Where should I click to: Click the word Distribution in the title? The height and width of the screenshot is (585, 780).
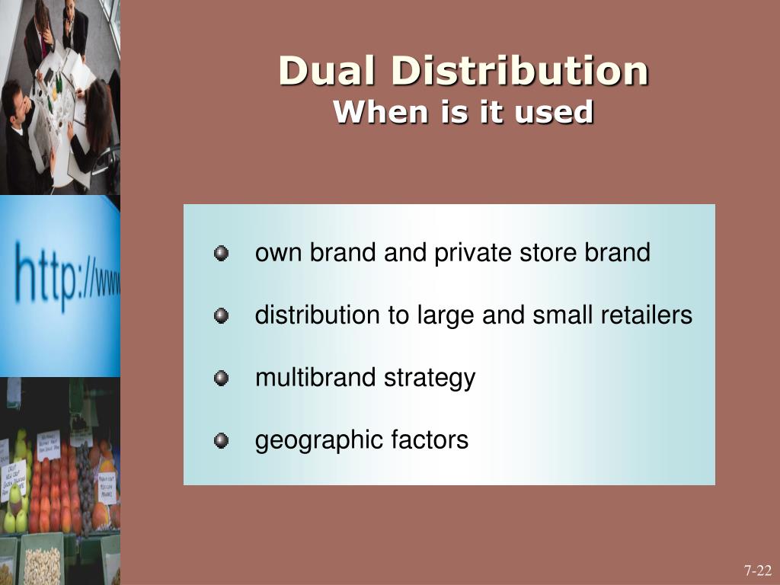[519, 72]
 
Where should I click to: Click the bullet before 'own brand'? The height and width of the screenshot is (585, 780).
[221, 252]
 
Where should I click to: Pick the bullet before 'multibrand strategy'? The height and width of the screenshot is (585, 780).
[221, 377]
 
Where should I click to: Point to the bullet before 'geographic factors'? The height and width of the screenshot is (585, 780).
[221, 440]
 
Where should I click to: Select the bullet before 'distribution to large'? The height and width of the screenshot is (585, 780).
[221, 315]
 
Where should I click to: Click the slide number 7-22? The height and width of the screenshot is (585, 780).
[758, 571]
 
